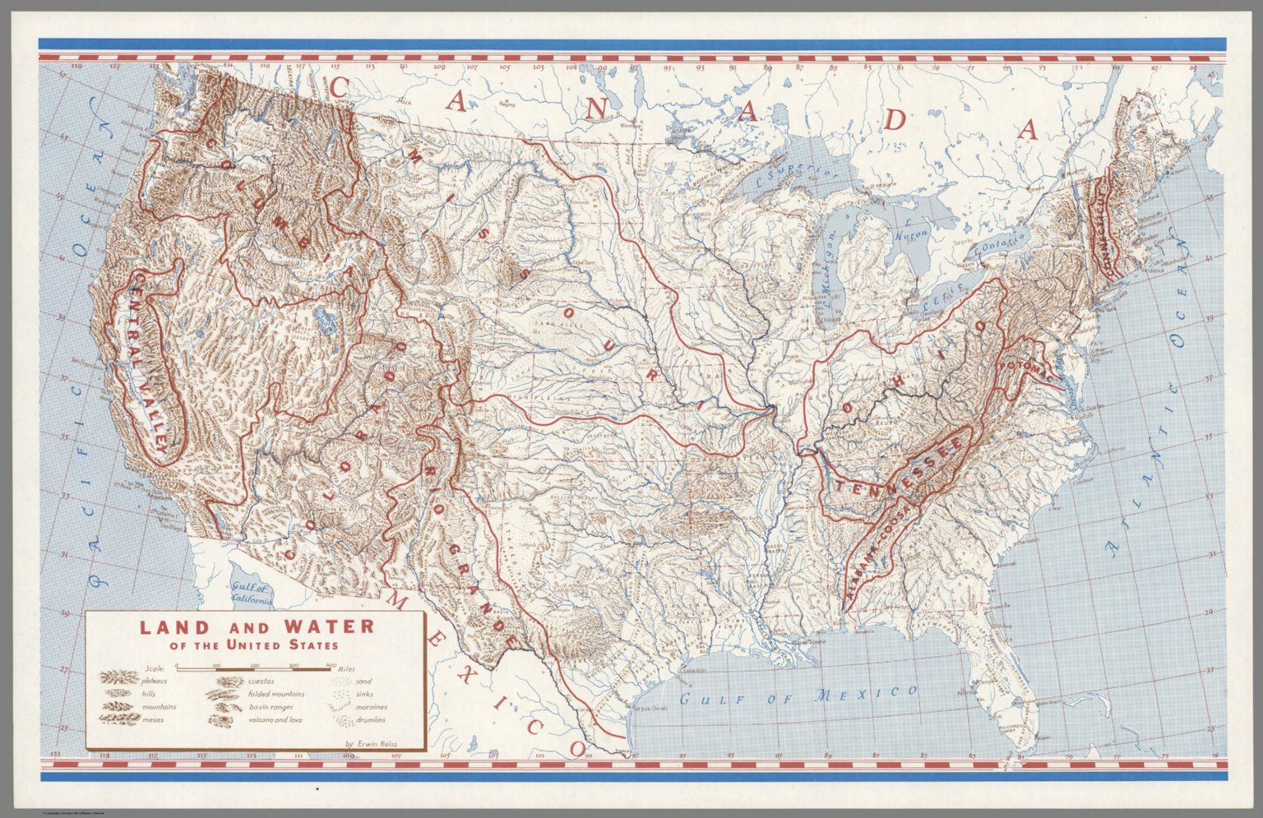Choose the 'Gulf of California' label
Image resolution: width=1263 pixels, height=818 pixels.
(x=251, y=594)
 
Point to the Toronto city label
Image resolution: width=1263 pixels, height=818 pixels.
(x=960, y=244)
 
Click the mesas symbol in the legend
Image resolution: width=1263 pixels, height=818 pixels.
(x=118, y=719)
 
